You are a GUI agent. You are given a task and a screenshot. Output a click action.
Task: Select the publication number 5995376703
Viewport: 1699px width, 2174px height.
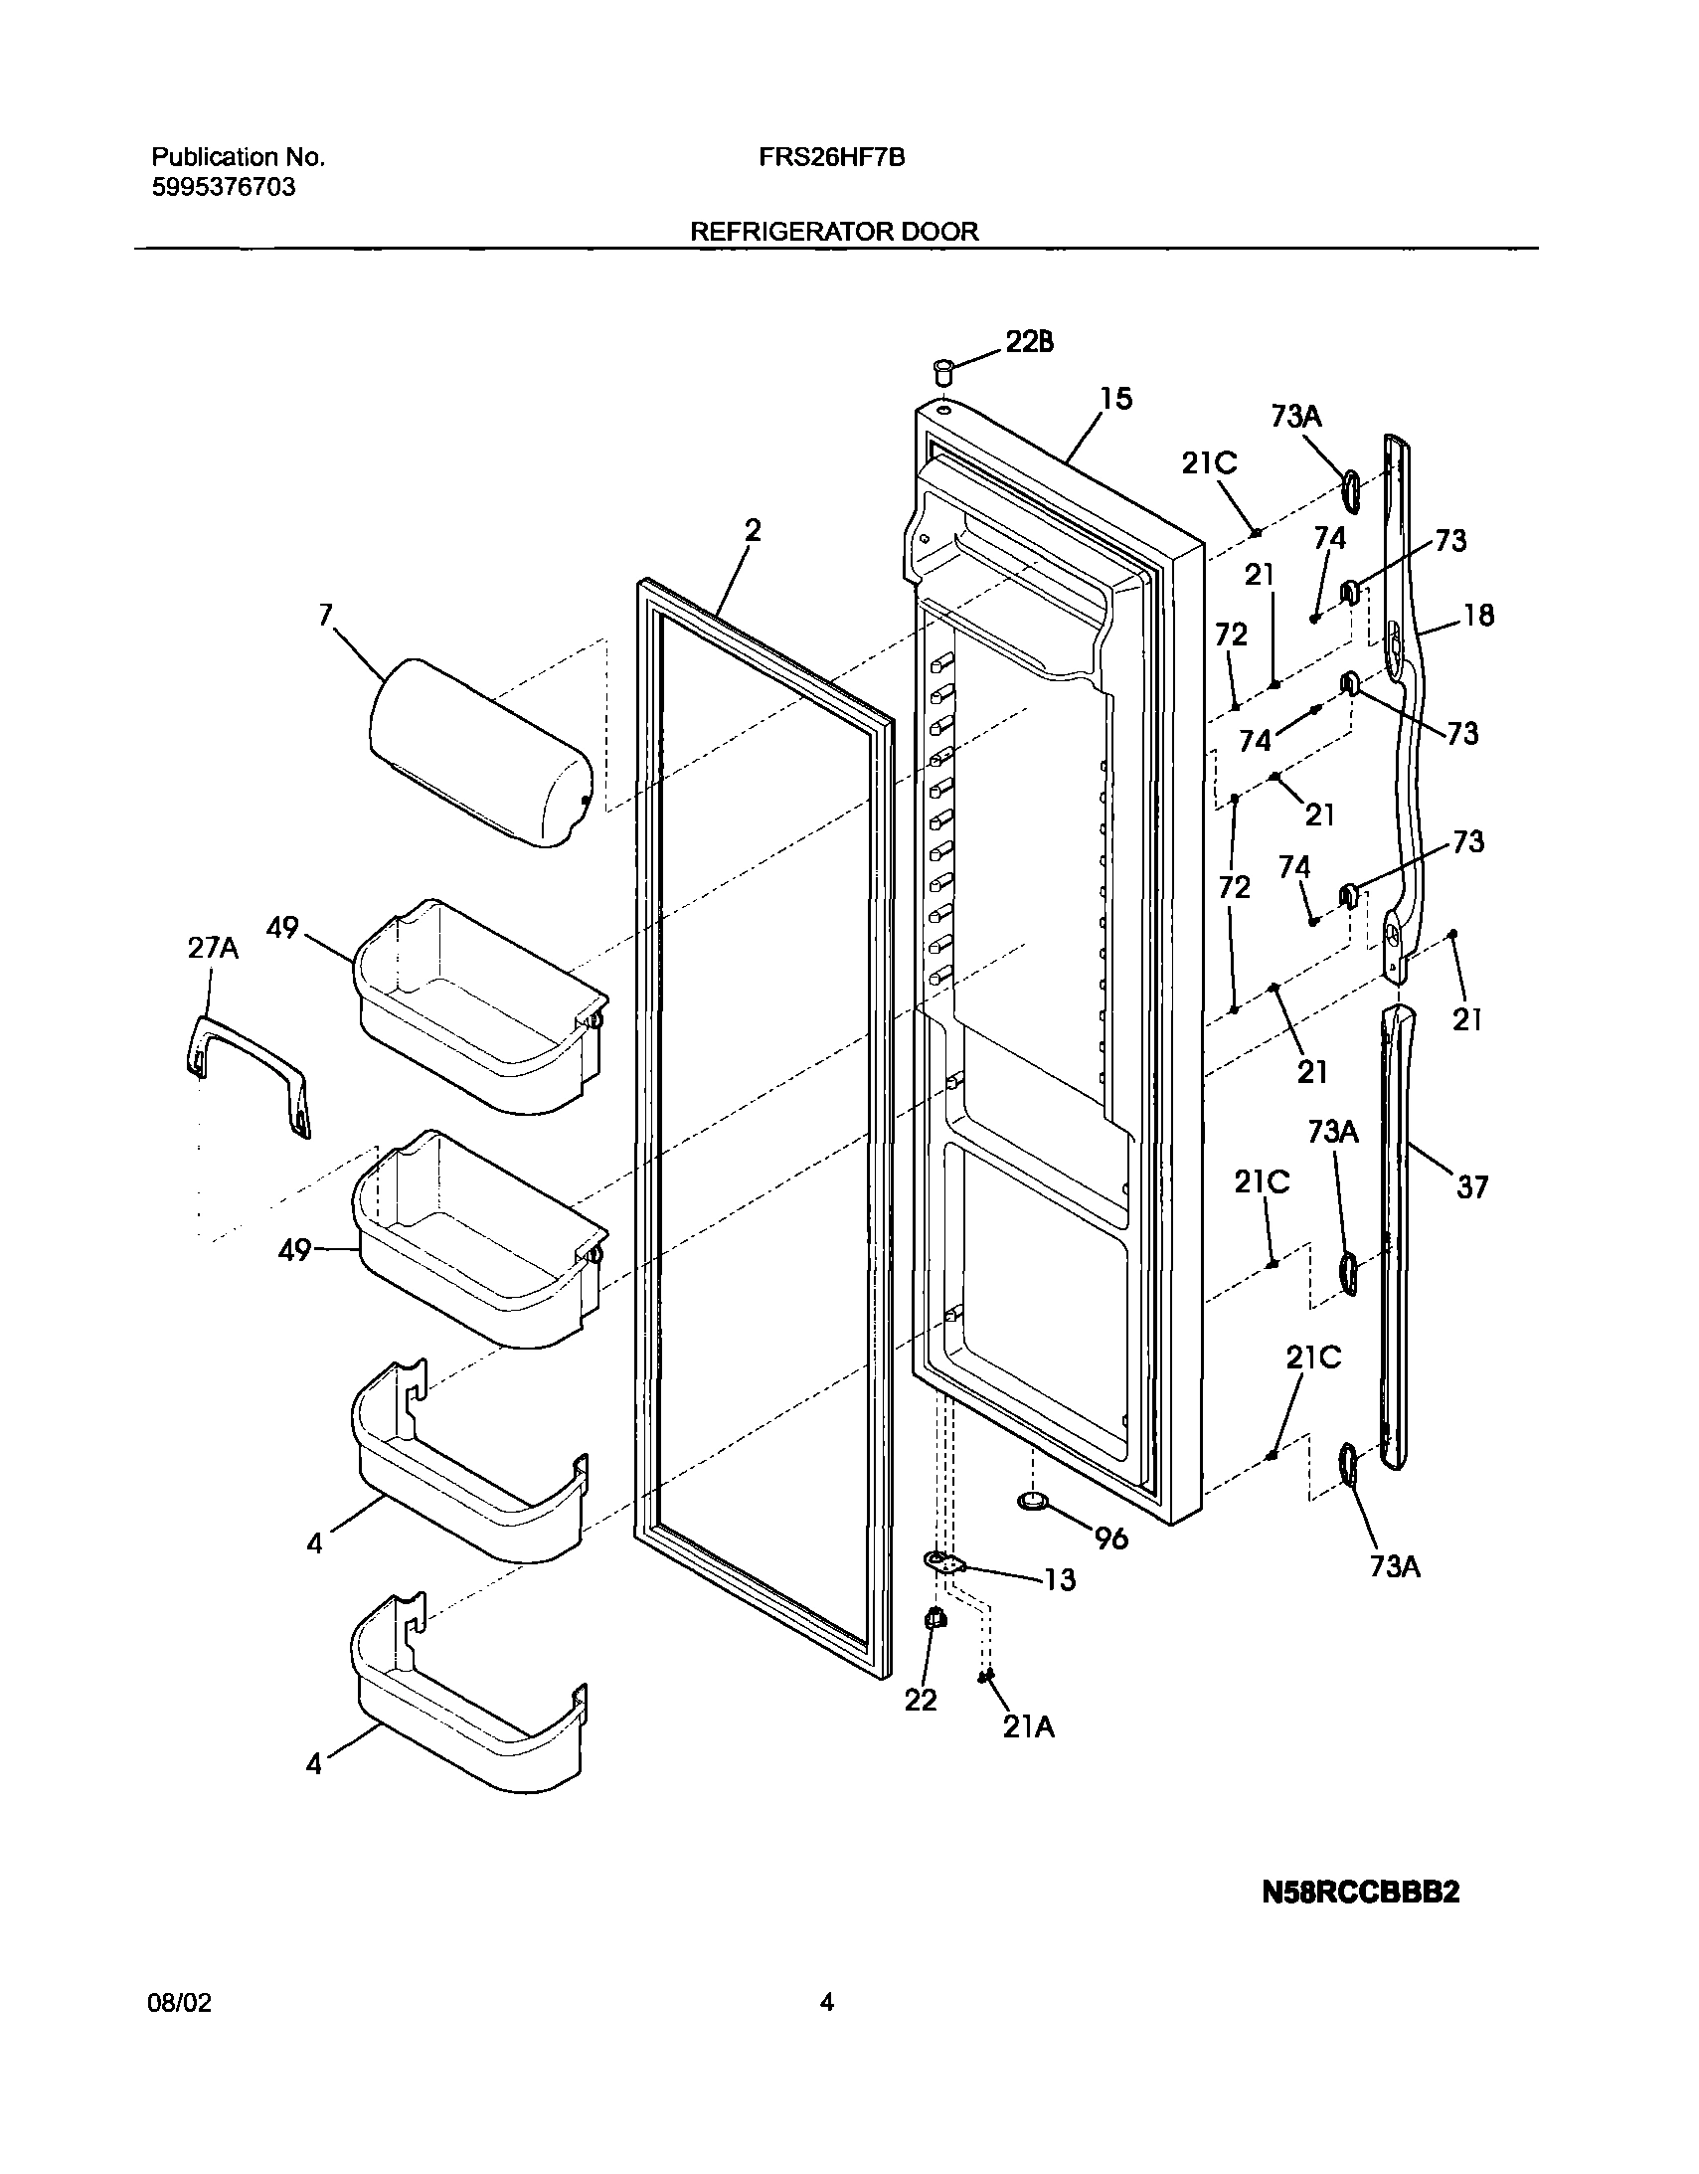tap(223, 188)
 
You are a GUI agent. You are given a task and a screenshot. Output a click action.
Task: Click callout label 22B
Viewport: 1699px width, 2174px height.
tap(1029, 342)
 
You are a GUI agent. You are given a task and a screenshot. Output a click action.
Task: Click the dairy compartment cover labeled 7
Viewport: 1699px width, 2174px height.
tap(481, 754)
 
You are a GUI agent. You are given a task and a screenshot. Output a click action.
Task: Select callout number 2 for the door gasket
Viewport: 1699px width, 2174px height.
tap(753, 530)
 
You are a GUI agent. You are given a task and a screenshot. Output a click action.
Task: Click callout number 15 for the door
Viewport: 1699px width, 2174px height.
tap(1115, 399)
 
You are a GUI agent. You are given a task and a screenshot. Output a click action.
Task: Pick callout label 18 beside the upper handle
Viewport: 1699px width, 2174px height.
tap(1479, 617)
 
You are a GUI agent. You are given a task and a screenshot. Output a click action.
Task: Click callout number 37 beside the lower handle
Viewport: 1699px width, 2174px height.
tap(1472, 1186)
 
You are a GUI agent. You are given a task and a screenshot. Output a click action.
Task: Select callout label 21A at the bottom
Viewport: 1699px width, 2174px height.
tap(1028, 1727)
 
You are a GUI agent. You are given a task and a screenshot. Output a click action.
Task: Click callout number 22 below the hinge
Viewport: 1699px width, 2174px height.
tap(921, 1701)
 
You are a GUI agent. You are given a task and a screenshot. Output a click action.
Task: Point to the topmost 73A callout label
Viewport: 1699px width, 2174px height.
tap(1295, 416)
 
